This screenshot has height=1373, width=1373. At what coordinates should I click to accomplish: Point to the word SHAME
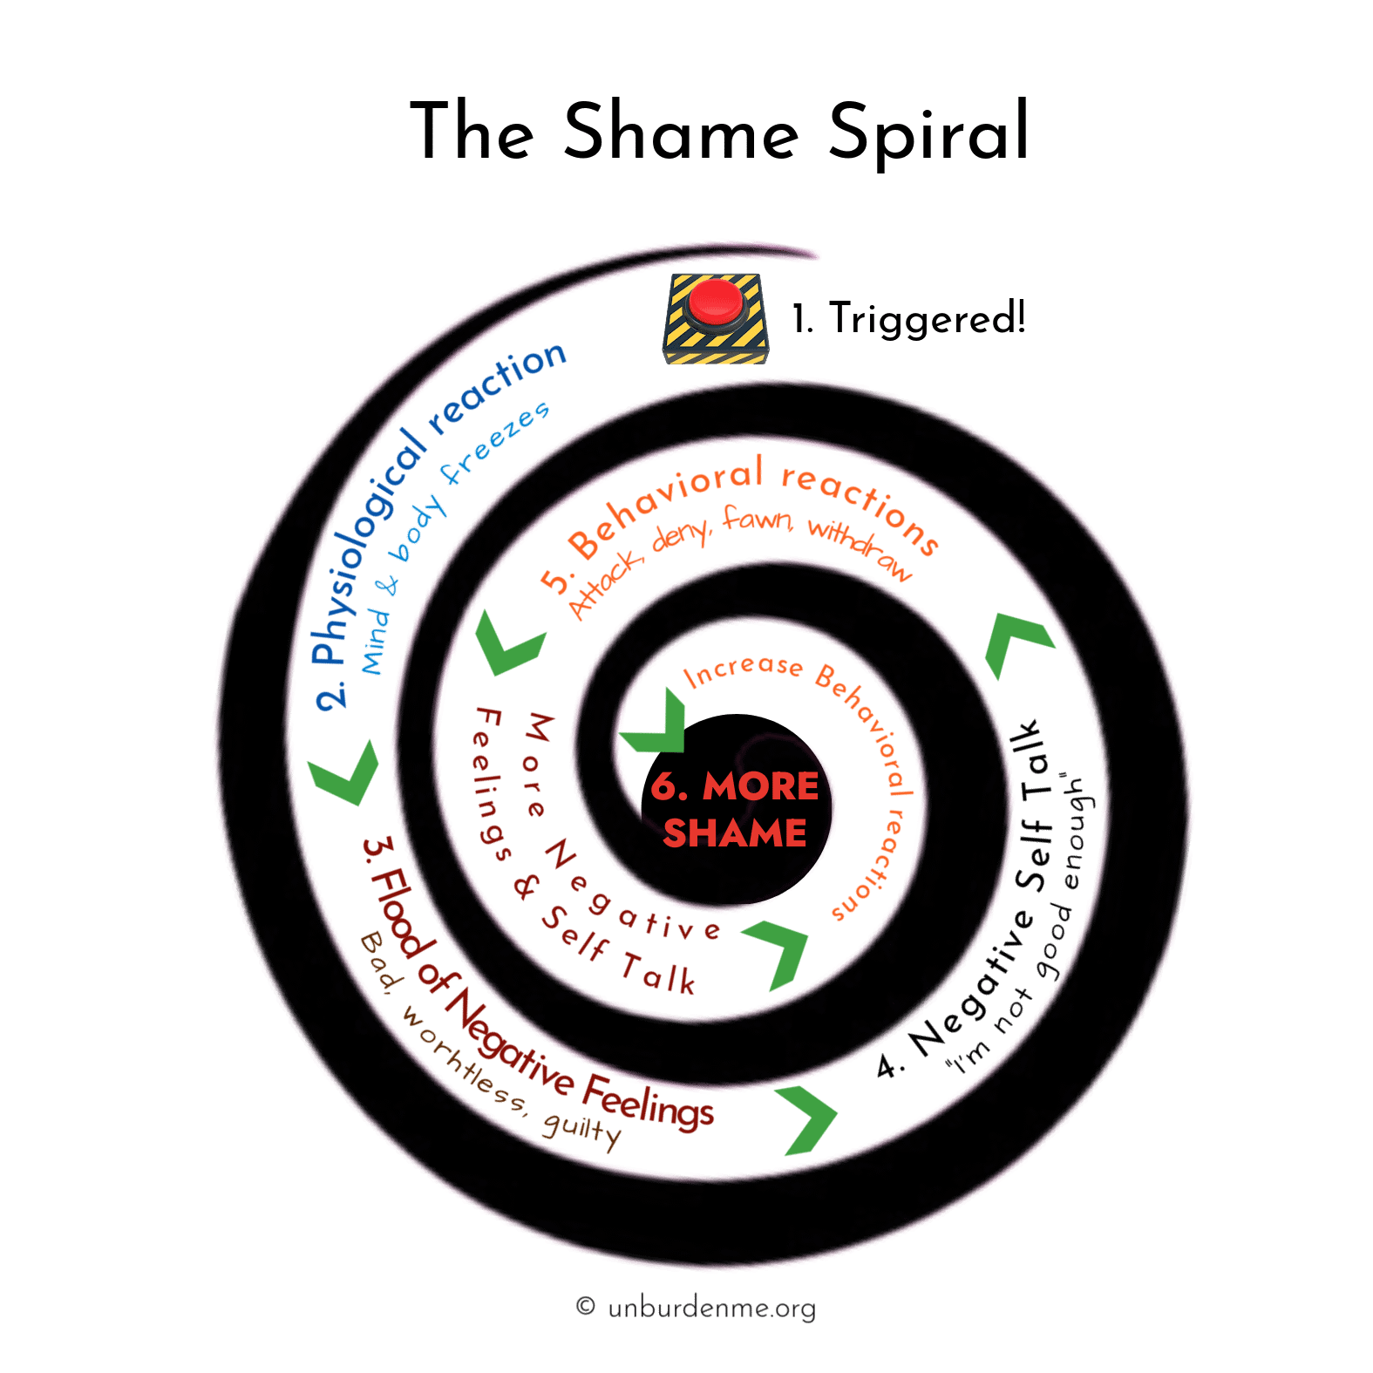click(735, 833)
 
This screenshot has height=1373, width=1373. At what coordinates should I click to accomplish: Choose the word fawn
click(757, 520)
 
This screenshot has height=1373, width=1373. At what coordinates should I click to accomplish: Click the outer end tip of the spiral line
click(818, 255)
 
